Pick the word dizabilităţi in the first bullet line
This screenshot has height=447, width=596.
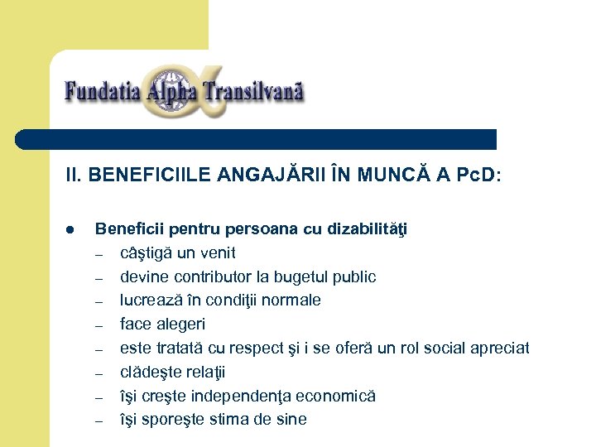coord(366,229)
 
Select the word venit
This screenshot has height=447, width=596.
coord(216,253)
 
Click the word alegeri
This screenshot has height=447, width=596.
coord(180,324)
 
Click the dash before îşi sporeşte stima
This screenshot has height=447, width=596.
coord(99,421)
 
